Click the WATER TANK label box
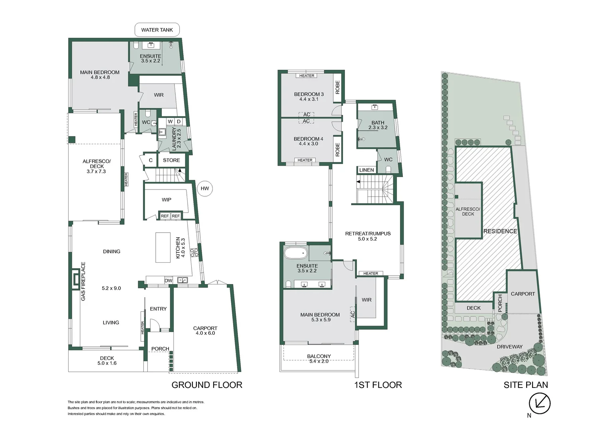[x=157, y=30]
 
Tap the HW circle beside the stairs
[x=205, y=188]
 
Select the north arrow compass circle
[x=540, y=403]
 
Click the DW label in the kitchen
[x=168, y=281]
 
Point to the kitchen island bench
[x=163, y=247]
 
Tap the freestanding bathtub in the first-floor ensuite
[x=296, y=252]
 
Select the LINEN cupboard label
[x=366, y=170]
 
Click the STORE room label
[x=171, y=160]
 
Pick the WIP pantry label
[x=166, y=200]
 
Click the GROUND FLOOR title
[x=207, y=385]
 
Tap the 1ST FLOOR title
[x=378, y=385]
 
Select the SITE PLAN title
[x=526, y=385]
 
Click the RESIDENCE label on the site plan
[x=500, y=231]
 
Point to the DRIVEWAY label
[x=509, y=347]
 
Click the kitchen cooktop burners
[x=194, y=252]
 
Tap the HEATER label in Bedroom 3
[x=307, y=76]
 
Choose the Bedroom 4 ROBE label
[x=338, y=150]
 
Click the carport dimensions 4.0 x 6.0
[x=205, y=333]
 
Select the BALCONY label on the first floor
[x=319, y=356]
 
